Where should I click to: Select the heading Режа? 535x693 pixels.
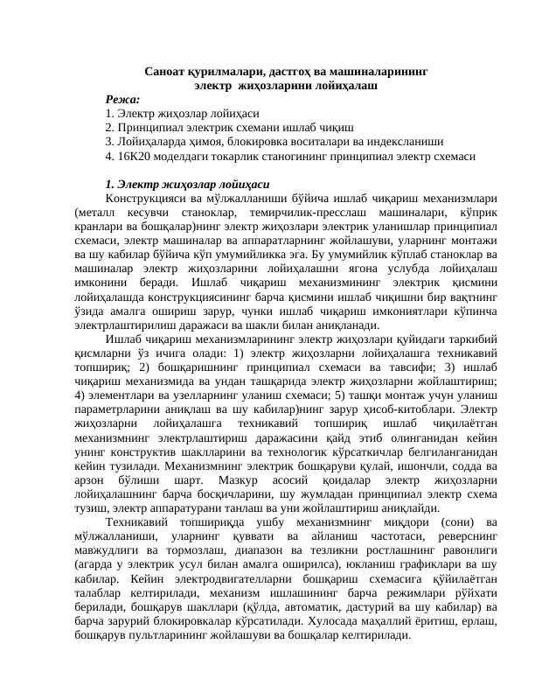coord(122,100)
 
